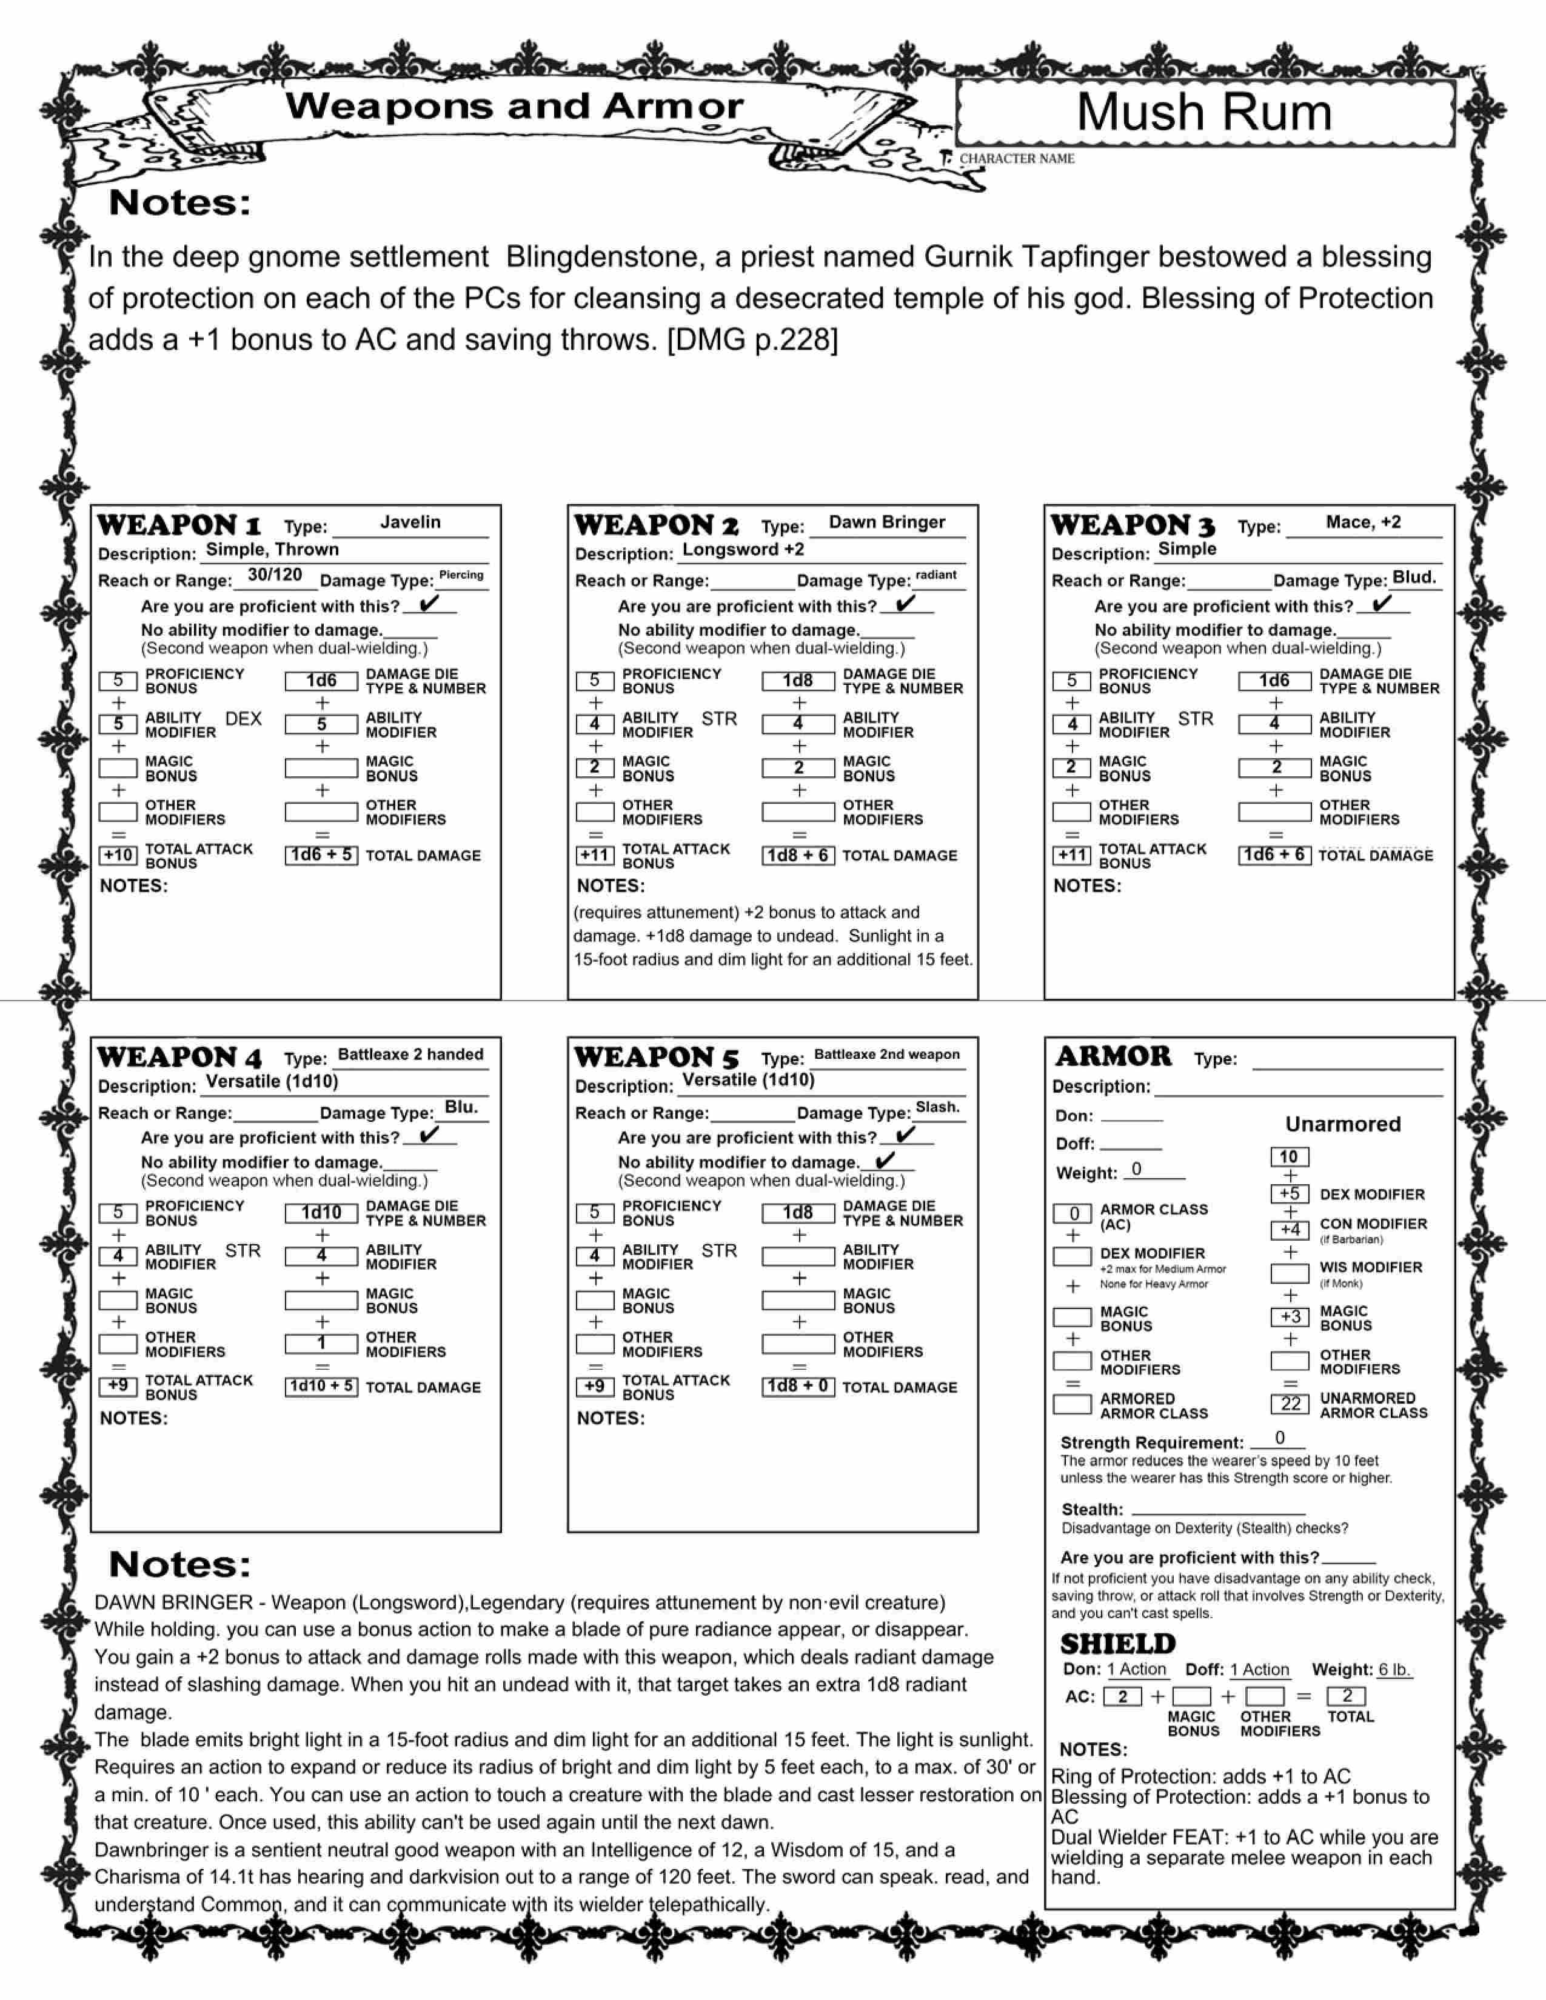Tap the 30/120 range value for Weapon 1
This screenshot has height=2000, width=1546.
275,575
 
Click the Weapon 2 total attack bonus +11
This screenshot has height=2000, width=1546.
594,855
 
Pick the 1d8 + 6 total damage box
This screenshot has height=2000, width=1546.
798,855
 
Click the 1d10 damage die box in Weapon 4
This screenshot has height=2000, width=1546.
321,1213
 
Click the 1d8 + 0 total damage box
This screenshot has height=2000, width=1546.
798,1387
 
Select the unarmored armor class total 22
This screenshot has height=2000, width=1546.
1290,1404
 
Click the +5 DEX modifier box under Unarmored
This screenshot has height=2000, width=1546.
1290,1194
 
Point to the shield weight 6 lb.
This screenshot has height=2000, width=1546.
1395,1670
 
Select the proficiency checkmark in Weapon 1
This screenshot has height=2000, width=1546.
429,604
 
